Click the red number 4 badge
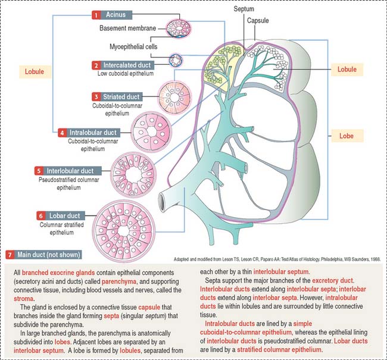63,132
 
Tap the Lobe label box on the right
347,136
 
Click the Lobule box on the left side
34,71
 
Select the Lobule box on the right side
347,69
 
